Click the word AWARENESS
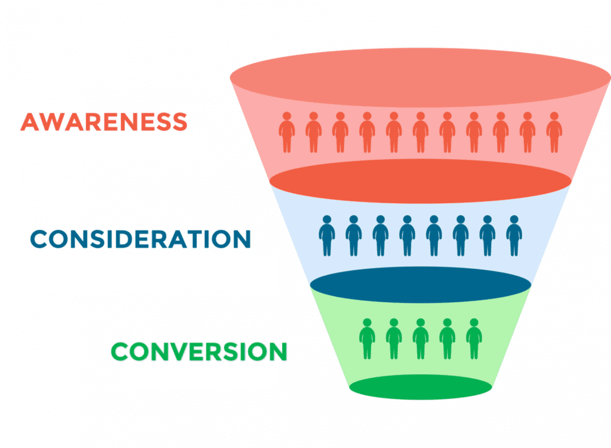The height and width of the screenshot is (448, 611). coord(104,122)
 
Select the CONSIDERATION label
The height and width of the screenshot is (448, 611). coord(141,239)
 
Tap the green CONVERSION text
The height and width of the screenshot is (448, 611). coord(199,351)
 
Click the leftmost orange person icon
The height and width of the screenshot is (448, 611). coord(287,132)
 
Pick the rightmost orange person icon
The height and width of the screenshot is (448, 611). coord(554,132)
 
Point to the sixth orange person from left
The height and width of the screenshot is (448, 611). coord(421,132)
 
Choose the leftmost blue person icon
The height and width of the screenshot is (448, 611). coord(327,236)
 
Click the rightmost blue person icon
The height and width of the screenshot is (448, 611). coord(514,236)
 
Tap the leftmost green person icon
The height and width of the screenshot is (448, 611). coord(367,339)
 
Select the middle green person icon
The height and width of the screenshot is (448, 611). coord(421,339)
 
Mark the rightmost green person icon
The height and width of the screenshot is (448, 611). coord(474,339)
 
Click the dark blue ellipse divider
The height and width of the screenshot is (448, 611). coord(421,285)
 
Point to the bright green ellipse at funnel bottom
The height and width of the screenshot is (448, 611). coord(421,387)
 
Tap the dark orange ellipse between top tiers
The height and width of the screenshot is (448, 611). coord(421,181)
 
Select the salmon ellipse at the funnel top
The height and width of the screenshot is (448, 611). coord(421,77)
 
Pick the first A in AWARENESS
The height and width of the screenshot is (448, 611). coord(31,122)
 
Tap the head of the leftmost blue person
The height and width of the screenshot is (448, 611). coord(327,220)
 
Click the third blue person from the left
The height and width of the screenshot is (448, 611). coord(380,236)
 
